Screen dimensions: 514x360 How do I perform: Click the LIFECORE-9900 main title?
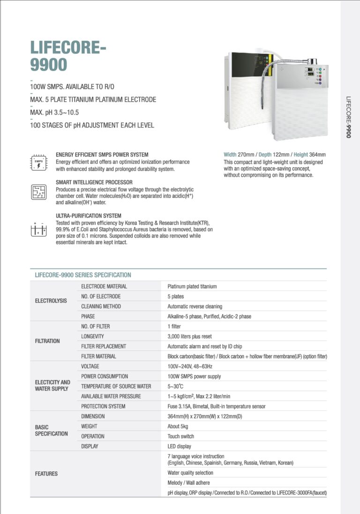[x=68, y=55]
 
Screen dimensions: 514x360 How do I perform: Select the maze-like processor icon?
[x=38, y=192]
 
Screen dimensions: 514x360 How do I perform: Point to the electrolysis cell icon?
[x=38, y=228]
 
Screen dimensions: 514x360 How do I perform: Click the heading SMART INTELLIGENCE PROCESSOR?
[x=94, y=182]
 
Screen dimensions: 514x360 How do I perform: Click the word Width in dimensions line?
[x=230, y=155]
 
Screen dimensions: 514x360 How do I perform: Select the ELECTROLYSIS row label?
[x=51, y=301]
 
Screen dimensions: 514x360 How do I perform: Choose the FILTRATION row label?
[x=47, y=341]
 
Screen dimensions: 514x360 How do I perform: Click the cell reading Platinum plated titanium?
[x=192, y=286]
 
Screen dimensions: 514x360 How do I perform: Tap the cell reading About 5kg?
[x=180, y=426]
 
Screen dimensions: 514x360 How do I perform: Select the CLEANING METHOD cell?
[x=101, y=306]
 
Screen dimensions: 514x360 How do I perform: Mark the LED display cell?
[x=180, y=447]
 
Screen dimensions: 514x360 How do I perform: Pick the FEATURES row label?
[x=46, y=474]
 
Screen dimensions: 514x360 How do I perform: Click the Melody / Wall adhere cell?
[x=188, y=483]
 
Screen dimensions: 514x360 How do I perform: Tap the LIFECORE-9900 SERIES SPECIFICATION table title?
[x=83, y=275]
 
